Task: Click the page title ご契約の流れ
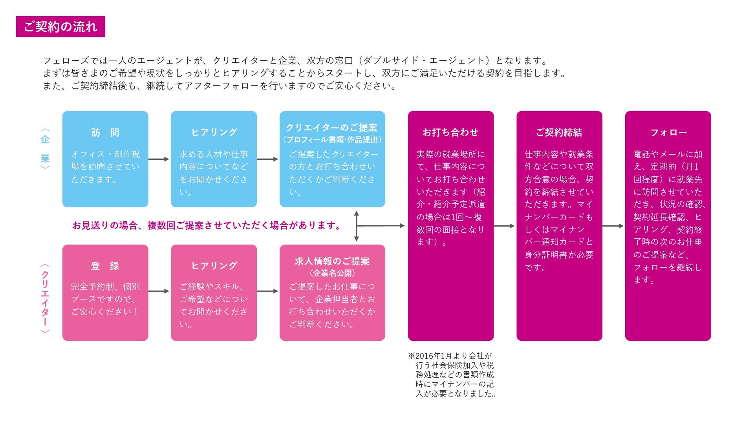pyautogui.click(x=60, y=27)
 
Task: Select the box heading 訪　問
pyautogui.click(x=105, y=133)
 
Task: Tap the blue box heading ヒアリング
pyautogui.click(x=214, y=133)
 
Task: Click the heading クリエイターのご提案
pyautogui.click(x=332, y=128)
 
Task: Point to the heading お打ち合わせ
pyautogui.click(x=450, y=133)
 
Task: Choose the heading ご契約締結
pyautogui.click(x=559, y=133)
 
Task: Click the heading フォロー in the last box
pyautogui.click(x=668, y=133)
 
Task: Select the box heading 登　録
pyautogui.click(x=105, y=266)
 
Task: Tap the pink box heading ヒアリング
pyautogui.click(x=214, y=266)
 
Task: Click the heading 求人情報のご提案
pyautogui.click(x=332, y=261)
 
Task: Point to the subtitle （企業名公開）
pyautogui.click(x=332, y=273)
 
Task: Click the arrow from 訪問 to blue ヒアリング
pyautogui.click(x=159, y=159)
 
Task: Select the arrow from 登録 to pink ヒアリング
pyautogui.click(x=159, y=291)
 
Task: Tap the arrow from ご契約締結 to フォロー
pyautogui.click(x=613, y=226)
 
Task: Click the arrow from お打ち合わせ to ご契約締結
pyautogui.click(x=504, y=226)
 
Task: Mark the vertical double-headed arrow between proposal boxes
pyautogui.click(x=356, y=226)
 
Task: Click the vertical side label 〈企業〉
pyautogui.click(x=45, y=149)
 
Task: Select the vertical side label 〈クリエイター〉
pyautogui.click(x=45, y=298)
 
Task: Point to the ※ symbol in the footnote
pyautogui.click(x=411, y=356)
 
